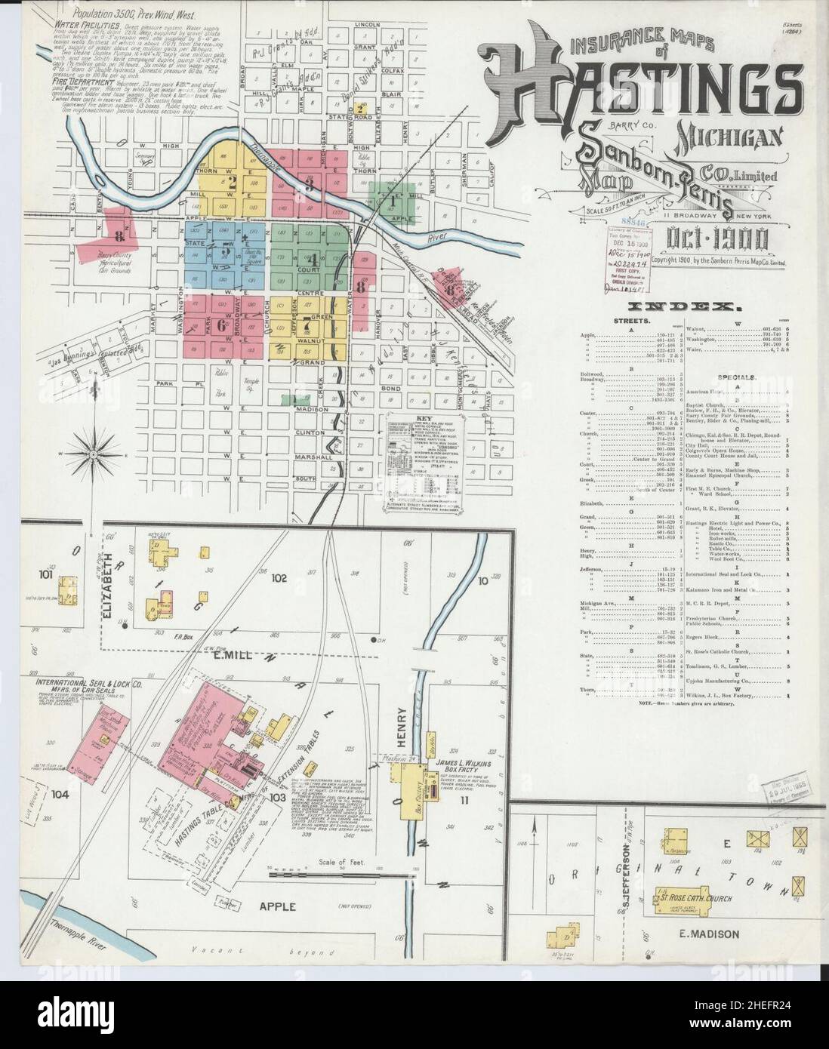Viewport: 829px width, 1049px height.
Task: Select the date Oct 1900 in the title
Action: click(x=718, y=240)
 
